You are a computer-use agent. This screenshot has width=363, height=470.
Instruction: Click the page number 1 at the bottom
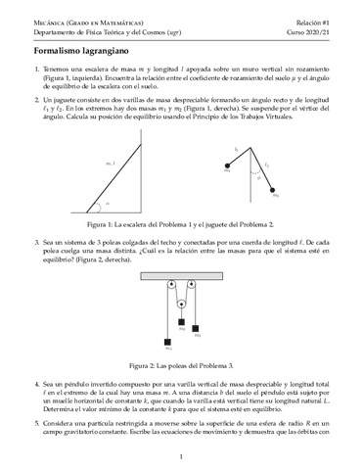pyautogui.click(x=182, y=456)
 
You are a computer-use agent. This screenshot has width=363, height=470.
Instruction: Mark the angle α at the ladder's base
pyautogui.click(x=106, y=205)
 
